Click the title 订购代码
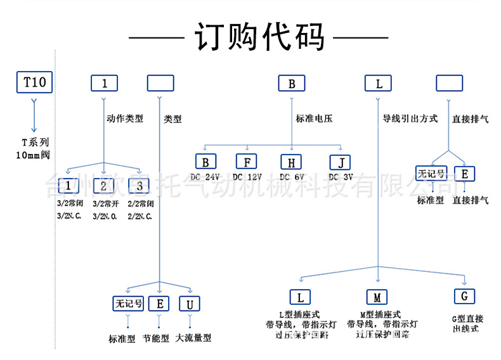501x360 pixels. pos(259,37)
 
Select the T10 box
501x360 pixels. pos(34,82)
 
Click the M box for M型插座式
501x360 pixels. pos(377,297)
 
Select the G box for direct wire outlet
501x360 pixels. pos(464,296)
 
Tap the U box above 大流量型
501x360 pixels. pos(190,304)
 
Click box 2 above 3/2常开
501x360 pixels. pos(103,186)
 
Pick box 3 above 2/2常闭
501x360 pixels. pos(139,186)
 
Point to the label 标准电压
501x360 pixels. pos(314,119)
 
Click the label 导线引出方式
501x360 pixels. pos(410,119)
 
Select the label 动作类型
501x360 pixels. pos(125,119)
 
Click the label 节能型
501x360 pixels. pos(156,338)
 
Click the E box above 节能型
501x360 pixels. pos(159,304)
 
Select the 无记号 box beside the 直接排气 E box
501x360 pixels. pos(431,174)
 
